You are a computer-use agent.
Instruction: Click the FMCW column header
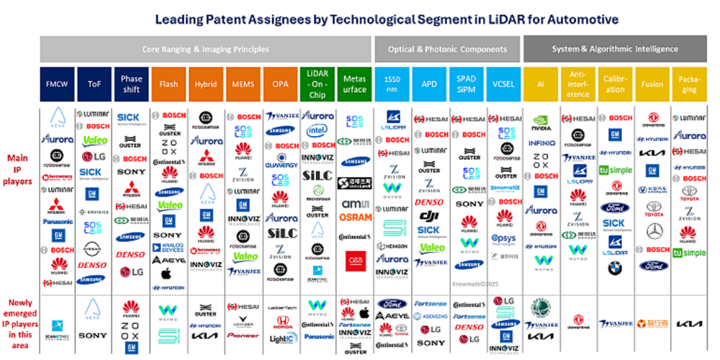[58, 84]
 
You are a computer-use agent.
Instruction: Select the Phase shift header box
[131, 84]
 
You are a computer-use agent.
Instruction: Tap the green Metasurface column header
[355, 84]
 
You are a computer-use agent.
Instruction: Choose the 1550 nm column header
[392, 84]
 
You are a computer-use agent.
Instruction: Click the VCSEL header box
[504, 84]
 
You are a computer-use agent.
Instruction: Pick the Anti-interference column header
[578, 84]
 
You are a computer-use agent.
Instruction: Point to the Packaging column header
[689, 84]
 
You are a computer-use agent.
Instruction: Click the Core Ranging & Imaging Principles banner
[205, 49]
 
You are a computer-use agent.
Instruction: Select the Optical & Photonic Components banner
[447, 49]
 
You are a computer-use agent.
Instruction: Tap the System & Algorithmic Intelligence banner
[614, 49]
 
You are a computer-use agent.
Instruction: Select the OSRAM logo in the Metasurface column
[355, 217]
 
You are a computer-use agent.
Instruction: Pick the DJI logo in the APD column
[430, 216]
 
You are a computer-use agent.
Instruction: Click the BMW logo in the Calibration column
[614, 268]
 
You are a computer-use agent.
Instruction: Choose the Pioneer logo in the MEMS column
[243, 335]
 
